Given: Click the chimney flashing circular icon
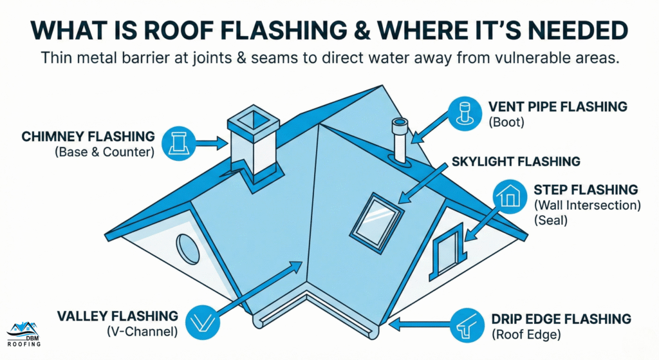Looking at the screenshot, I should click(178, 143).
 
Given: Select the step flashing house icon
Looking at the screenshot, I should click(511, 195).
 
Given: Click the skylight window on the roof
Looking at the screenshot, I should click(376, 215).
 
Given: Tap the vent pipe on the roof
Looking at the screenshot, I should click(400, 142).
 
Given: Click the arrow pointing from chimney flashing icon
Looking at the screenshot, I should click(207, 144).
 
